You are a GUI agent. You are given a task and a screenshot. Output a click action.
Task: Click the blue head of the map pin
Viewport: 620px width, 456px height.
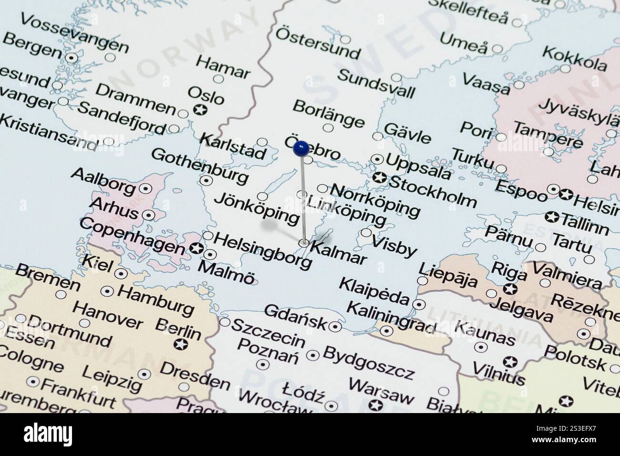tap(300, 148)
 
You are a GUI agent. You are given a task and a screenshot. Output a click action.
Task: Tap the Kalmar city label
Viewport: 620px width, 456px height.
tap(339, 253)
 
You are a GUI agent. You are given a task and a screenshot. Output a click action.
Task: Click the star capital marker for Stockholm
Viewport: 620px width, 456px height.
tap(380, 178)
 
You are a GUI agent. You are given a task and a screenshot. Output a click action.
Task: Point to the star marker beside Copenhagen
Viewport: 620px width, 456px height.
tap(196, 249)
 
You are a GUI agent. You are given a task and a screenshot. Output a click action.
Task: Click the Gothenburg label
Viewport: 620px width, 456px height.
tap(200, 166)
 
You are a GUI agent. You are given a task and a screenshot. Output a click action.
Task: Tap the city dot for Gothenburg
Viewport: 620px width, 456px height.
tap(207, 180)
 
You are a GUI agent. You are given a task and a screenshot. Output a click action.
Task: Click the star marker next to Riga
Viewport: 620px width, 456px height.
tap(510, 289)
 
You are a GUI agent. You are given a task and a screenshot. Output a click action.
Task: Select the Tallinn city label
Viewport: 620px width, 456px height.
tap(585, 224)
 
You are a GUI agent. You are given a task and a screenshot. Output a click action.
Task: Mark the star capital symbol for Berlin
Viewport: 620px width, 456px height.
tap(180, 344)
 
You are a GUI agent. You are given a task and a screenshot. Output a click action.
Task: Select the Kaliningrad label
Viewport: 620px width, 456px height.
tap(391, 317)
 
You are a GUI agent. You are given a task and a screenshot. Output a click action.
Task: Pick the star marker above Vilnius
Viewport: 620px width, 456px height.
tap(510, 362)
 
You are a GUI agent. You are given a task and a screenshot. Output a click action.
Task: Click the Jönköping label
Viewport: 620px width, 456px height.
tap(256, 209)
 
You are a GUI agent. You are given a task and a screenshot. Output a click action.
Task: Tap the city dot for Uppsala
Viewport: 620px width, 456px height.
tap(378, 159)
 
